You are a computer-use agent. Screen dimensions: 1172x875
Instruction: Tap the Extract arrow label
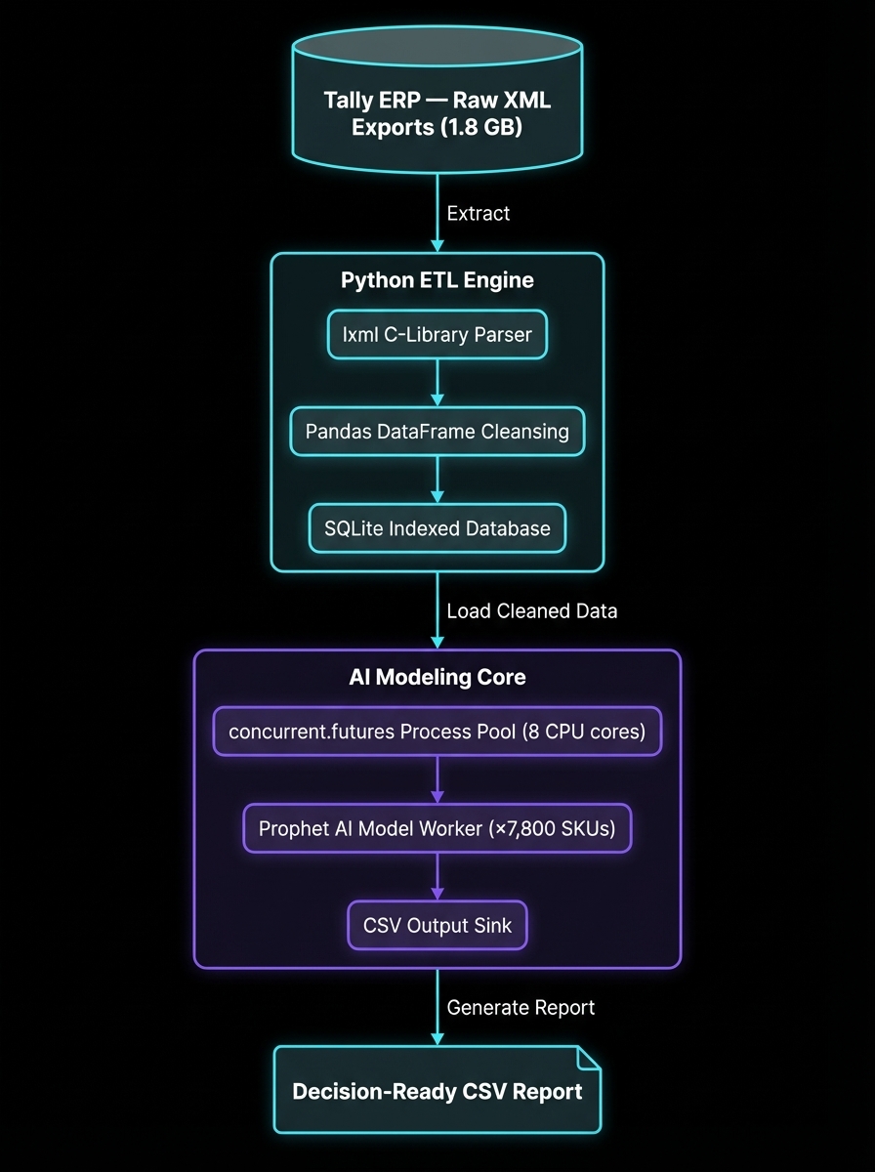tap(478, 213)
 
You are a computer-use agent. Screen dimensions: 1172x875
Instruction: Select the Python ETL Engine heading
tap(437, 280)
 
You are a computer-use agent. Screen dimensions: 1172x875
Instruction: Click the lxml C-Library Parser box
tap(437, 335)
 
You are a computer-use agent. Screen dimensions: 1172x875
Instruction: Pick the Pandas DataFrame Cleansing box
tap(437, 431)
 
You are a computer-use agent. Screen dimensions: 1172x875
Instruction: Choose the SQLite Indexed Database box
tap(437, 528)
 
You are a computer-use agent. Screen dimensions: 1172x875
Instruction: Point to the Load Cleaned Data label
tap(531, 611)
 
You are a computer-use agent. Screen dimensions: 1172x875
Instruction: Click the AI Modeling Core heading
tap(437, 677)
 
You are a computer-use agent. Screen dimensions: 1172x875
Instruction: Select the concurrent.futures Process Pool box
tap(437, 732)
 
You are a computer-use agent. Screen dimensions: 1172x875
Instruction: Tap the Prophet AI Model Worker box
tap(437, 828)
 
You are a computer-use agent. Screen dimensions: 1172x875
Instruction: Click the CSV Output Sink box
tap(437, 925)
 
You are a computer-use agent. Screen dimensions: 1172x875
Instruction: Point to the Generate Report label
tap(521, 1007)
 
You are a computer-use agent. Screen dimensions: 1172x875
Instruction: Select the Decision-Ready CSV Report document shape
tap(437, 1090)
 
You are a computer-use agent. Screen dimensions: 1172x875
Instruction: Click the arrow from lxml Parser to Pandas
tap(437, 383)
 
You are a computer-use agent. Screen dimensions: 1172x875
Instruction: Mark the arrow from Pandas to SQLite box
tap(437, 480)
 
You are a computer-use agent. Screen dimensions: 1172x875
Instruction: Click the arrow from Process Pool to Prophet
tap(437, 779)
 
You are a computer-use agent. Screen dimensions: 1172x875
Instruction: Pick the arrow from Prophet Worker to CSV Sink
tap(437, 876)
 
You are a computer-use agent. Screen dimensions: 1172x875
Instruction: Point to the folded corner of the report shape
tap(589, 1058)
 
